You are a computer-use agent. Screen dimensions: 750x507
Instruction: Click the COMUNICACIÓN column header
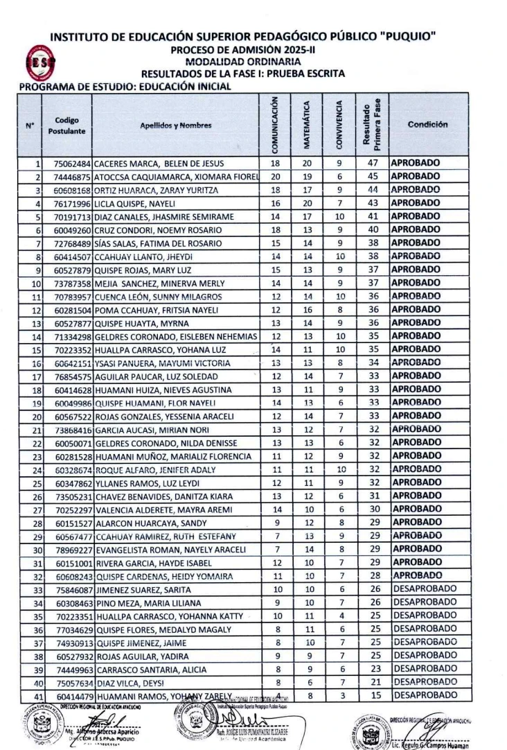click(x=274, y=125)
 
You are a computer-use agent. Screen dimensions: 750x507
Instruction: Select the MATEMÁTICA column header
click(x=307, y=125)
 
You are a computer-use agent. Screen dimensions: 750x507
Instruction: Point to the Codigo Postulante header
click(x=67, y=125)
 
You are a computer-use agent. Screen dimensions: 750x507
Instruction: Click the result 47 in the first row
click(x=372, y=164)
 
